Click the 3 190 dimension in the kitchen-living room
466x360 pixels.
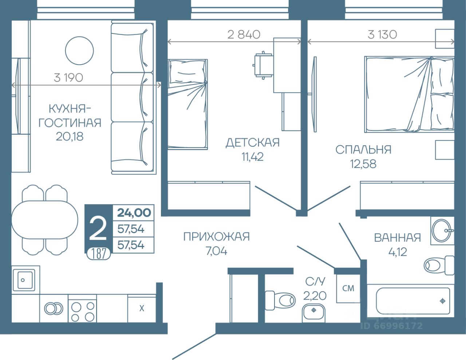coord(68,78)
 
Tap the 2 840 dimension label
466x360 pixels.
coord(244,35)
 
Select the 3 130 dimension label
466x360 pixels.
coord(382,35)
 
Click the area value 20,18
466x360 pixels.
coord(70,136)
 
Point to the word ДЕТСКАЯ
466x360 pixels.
coord(253,143)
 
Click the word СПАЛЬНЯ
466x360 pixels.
coord(363,150)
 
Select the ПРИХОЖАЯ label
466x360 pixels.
coord(216,237)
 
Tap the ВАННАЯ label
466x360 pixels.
coord(398,238)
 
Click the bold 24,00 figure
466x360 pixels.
coord(134,213)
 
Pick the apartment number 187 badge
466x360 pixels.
coord(99,254)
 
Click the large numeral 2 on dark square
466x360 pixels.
coord(98,229)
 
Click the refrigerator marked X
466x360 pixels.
coord(142,308)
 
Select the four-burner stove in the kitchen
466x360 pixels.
coord(82,308)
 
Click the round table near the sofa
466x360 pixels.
coord(79,51)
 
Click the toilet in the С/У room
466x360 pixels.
coord(280,300)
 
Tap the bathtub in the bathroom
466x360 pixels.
coord(413,301)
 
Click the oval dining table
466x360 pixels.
coord(45,220)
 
